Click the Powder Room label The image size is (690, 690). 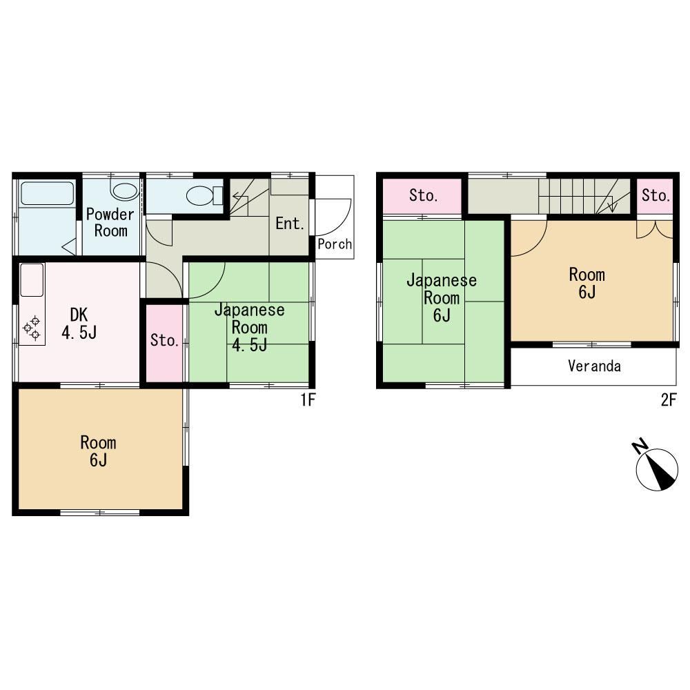coord(110,222)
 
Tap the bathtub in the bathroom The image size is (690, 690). coord(47,194)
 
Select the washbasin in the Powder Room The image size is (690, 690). coord(126,191)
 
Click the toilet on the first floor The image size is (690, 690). coord(205,195)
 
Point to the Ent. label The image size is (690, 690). coord(290,224)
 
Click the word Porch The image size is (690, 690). coord(335,244)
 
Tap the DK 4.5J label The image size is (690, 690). coord(79,324)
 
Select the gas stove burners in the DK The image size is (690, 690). coord(32,328)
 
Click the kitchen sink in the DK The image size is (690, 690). coord(32,280)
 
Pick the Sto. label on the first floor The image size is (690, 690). coord(165,340)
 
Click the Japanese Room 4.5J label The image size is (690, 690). coord(250,327)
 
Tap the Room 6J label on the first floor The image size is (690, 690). coord(98,451)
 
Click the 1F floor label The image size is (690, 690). coord(308,400)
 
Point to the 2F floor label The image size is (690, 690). coord(668,400)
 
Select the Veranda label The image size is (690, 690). coord(595,366)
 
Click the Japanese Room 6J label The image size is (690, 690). coord(442,298)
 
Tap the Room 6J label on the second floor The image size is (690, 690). coord(587,284)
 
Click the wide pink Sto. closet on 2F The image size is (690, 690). coord(422,196)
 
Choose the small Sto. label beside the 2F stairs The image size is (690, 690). coord(655,195)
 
